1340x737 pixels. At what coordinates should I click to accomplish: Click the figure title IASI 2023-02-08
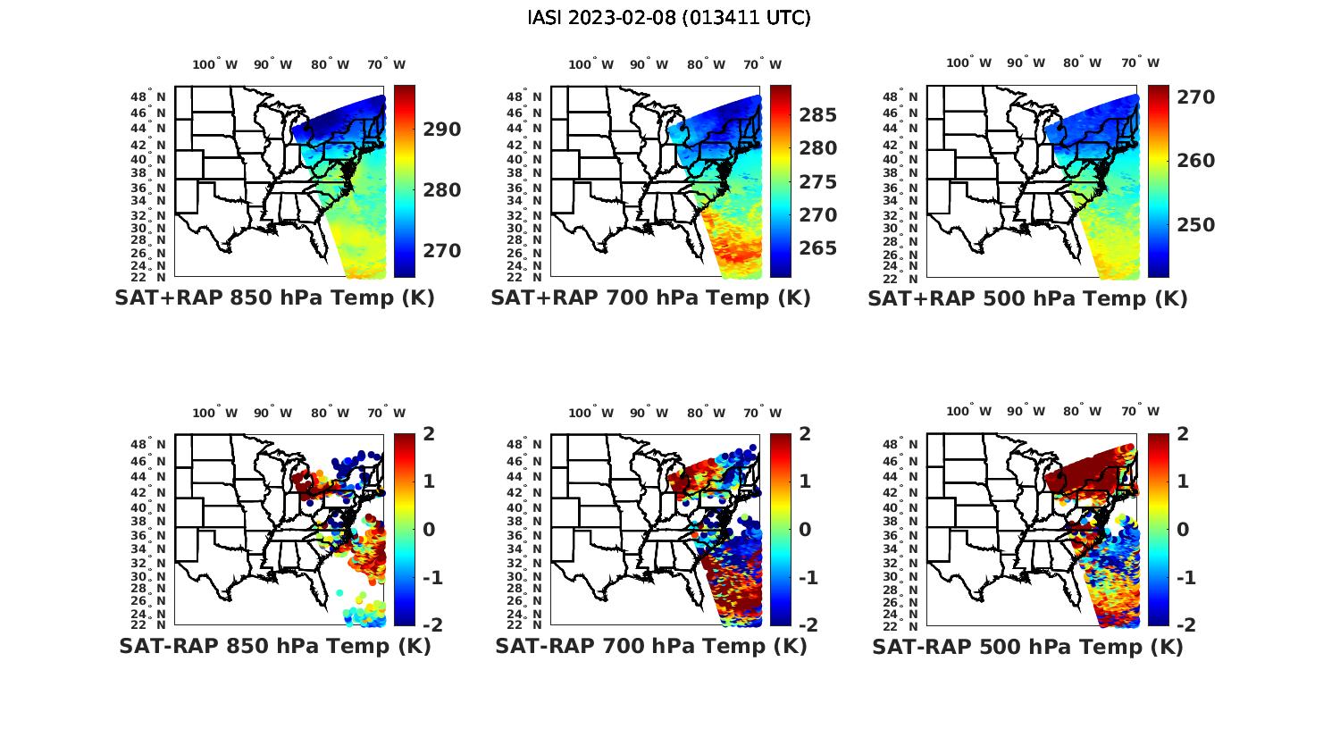[x=669, y=17]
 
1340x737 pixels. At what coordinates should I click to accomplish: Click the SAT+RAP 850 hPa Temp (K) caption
[x=274, y=298]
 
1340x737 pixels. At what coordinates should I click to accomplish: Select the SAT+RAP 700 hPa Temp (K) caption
[x=650, y=298]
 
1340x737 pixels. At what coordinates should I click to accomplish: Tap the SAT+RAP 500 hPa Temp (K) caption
[x=1027, y=299]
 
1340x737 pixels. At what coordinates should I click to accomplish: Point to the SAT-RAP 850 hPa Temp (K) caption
[x=274, y=646]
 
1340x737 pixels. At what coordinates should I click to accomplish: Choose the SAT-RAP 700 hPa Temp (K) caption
[x=650, y=646]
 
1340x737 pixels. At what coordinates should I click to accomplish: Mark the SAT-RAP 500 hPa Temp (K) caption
[x=1027, y=647]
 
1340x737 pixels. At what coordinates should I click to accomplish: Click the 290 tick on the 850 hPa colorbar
[x=442, y=130]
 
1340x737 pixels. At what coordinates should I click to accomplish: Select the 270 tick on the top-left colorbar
[x=442, y=251]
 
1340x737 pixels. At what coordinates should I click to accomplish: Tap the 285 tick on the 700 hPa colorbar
[x=818, y=115]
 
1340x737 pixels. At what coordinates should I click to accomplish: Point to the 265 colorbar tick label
[x=818, y=248]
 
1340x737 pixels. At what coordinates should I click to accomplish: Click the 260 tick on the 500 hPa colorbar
[x=1195, y=161]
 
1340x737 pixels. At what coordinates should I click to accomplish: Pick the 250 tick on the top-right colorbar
[x=1195, y=225]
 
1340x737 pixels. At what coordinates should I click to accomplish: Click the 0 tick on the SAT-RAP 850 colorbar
[x=429, y=529]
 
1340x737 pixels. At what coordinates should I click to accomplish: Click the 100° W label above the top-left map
[x=215, y=64]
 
